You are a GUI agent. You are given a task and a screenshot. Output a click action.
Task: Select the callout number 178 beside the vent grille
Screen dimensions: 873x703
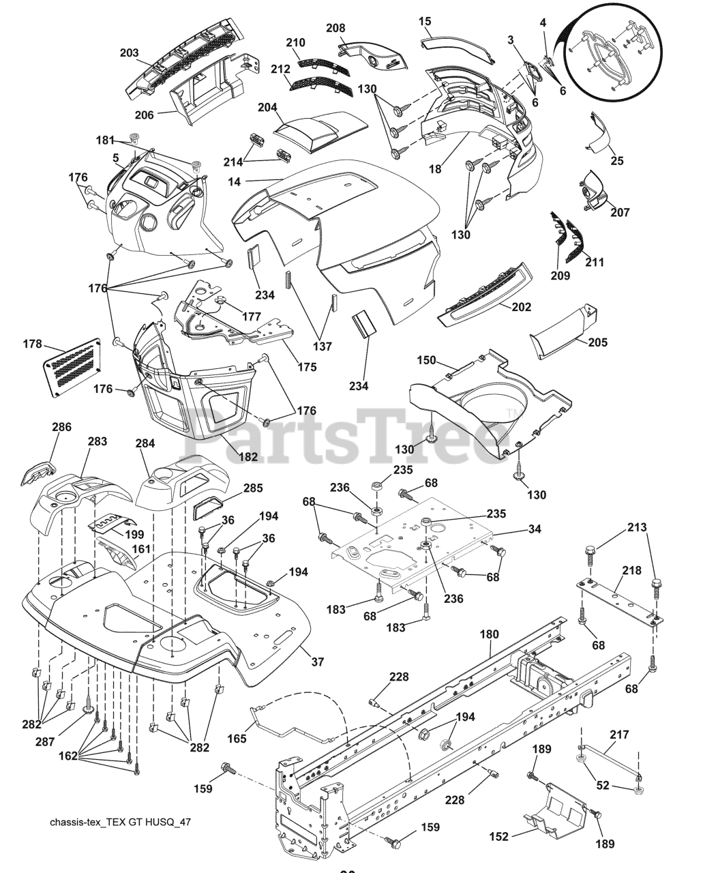click(32, 344)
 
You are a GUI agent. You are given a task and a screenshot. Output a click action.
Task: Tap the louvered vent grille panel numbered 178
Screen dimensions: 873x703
click(72, 372)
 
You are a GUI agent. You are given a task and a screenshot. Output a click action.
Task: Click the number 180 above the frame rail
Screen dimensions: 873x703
click(489, 634)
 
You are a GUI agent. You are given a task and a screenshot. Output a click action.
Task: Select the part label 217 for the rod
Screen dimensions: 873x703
click(619, 735)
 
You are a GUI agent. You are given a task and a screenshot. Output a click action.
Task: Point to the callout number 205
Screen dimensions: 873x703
click(597, 342)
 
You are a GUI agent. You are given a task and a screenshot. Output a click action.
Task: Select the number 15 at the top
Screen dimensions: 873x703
click(425, 21)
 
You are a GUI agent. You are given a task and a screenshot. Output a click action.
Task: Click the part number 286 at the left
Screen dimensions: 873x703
click(61, 428)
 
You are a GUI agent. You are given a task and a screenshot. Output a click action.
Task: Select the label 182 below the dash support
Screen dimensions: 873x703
click(248, 456)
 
